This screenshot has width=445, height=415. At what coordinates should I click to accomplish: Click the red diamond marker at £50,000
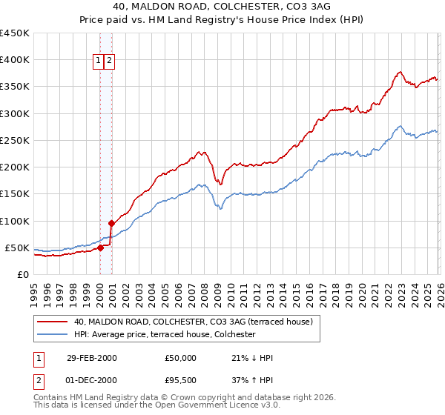(x=100, y=248)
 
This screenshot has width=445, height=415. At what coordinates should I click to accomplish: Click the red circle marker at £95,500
(x=111, y=223)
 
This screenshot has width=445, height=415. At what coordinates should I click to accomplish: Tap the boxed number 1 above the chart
(x=98, y=62)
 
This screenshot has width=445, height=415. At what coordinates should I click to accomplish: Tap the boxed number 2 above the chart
(x=109, y=62)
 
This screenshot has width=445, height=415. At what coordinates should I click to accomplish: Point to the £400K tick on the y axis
(x=14, y=60)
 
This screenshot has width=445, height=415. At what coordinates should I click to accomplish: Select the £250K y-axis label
(x=14, y=140)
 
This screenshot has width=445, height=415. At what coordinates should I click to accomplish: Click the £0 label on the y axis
(x=22, y=274)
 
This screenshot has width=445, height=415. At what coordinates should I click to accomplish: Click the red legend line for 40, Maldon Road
(x=52, y=322)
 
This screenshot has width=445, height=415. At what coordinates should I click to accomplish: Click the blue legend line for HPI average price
(x=52, y=335)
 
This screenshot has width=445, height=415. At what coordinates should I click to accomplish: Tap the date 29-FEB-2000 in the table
(x=91, y=358)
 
